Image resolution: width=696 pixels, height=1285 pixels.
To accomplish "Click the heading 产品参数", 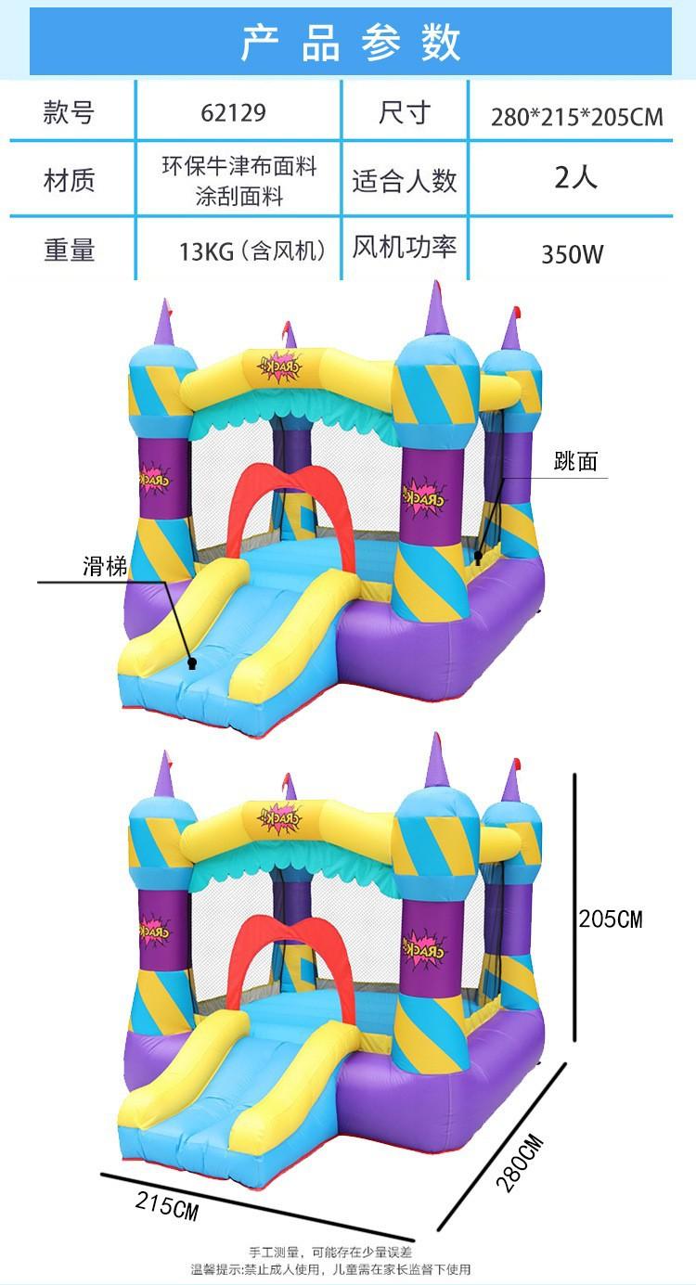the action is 351,43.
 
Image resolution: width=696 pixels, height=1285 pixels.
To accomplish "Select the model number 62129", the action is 233,113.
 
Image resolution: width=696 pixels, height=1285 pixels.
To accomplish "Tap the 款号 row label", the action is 69,113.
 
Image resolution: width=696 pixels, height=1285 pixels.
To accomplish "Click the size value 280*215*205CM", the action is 576,117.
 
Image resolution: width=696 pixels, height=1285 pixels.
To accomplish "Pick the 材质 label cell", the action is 69,179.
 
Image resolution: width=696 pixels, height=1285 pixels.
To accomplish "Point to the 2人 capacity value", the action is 575,177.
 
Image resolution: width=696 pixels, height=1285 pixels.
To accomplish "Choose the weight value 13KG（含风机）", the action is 252,251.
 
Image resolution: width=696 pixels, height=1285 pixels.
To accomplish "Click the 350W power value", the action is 573,253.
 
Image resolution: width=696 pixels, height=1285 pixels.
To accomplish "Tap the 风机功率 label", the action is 404,248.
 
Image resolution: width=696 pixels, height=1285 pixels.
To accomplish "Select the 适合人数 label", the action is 404,180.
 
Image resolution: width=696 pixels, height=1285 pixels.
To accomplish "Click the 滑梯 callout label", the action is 105,567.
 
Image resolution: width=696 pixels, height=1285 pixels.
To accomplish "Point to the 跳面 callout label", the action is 575,461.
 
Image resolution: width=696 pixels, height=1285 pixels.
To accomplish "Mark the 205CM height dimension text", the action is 610,919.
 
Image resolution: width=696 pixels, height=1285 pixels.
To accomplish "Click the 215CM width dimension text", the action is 167,1208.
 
